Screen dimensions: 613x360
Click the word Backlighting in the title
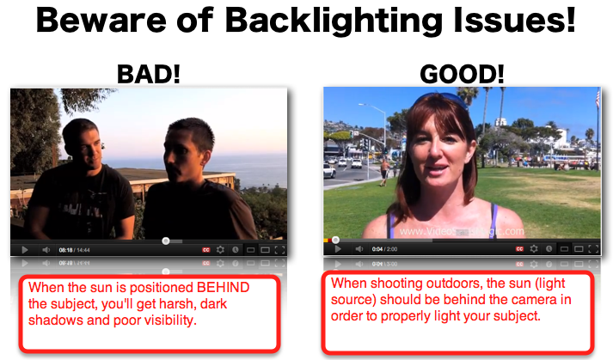[x=334, y=21]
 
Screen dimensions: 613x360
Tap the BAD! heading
[x=149, y=74]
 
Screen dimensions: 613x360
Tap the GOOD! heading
[x=462, y=74]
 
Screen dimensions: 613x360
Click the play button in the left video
[x=24, y=250]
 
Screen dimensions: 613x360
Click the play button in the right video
[x=338, y=249]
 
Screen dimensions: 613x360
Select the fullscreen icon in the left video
[x=280, y=250]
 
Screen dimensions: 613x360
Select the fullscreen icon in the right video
[x=593, y=249]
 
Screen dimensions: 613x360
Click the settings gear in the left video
[x=220, y=250]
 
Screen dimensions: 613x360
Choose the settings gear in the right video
[x=534, y=249]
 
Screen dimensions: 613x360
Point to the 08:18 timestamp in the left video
[x=65, y=250]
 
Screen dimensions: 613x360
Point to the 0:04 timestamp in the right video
[x=377, y=249]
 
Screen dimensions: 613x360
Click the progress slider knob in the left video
[x=166, y=241]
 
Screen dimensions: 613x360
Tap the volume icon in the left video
[x=46, y=250]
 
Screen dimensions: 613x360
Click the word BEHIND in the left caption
[x=224, y=288]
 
